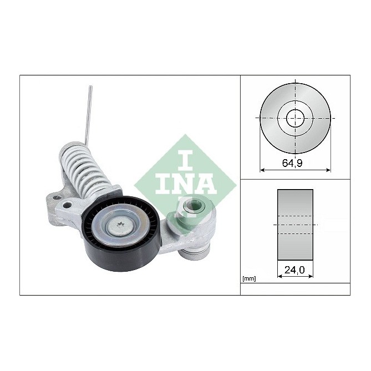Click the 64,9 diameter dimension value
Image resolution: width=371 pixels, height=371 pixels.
click(295, 164)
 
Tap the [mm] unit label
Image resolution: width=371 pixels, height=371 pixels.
click(250, 278)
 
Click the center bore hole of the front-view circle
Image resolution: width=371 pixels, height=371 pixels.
click(296, 118)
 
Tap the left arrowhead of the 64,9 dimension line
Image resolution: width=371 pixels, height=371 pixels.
click(262, 170)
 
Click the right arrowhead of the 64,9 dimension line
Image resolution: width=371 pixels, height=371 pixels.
click(329, 170)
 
